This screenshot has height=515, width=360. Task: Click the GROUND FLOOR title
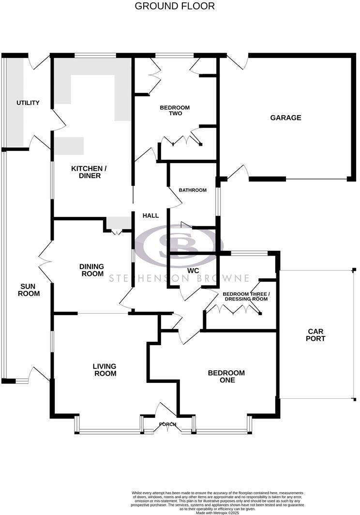click(175, 6)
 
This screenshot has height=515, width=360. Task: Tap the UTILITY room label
click(28, 103)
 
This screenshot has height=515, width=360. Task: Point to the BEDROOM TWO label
click(175, 110)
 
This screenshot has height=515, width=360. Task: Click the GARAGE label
click(285, 118)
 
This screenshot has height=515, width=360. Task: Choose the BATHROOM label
click(193, 190)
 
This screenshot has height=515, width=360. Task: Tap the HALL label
click(150, 215)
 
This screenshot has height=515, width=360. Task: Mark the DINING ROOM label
click(92, 270)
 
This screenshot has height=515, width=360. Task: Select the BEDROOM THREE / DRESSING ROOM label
click(245, 296)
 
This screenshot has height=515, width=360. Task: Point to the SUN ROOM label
click(29, 289)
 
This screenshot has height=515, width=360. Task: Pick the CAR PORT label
click(315, 335)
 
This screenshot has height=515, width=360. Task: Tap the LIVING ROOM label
click(105, 370)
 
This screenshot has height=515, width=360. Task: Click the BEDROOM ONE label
click(226, 376)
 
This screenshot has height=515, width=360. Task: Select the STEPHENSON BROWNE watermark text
click(179, 278)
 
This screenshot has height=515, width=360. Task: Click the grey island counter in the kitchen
click(69, 146)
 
